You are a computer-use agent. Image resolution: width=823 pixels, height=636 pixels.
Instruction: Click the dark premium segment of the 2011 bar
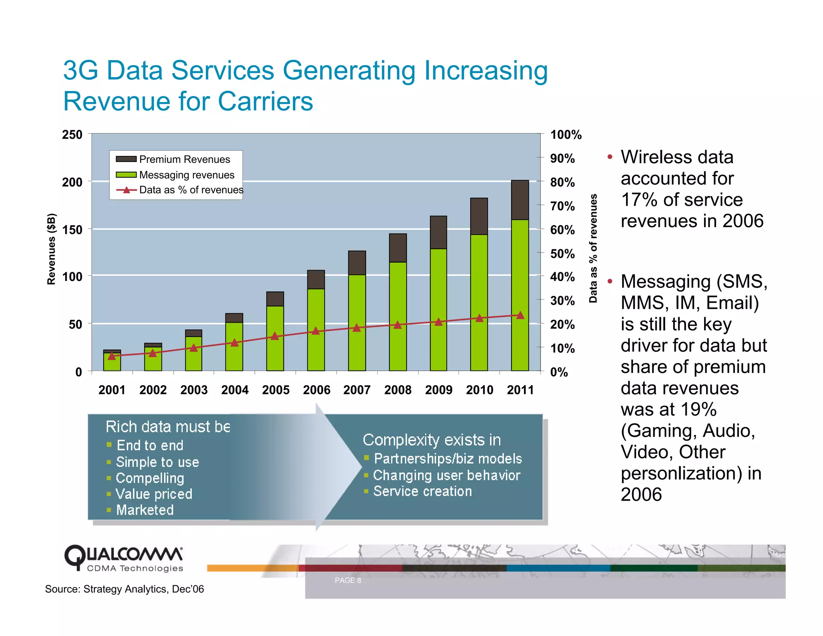click(520, 200)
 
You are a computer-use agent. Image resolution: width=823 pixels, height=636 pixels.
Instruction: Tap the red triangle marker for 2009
click(438, 322)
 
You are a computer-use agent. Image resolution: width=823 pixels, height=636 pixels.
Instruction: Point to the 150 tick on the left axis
click(72, 230)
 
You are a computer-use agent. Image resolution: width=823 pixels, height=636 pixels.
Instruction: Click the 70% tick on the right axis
click(562, 206)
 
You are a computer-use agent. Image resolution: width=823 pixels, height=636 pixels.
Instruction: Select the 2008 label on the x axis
click(397, 390)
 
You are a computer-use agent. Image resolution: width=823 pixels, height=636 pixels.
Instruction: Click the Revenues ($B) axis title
click(51, 249)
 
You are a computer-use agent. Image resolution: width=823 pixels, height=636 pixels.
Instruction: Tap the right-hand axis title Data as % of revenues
click(593, 248)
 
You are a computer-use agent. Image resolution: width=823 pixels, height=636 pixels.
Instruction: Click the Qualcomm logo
click(123, 558)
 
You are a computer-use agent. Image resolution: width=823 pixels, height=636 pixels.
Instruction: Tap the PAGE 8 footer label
click(348, 580)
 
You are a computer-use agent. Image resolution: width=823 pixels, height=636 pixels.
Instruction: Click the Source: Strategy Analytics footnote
click(125, 589)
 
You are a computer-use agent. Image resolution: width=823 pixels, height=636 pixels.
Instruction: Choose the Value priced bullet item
click(154, 494)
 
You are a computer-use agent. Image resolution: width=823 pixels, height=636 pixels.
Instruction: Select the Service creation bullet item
click(422, 491)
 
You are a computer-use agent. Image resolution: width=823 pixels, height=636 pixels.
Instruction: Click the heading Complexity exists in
click(432, 440)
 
